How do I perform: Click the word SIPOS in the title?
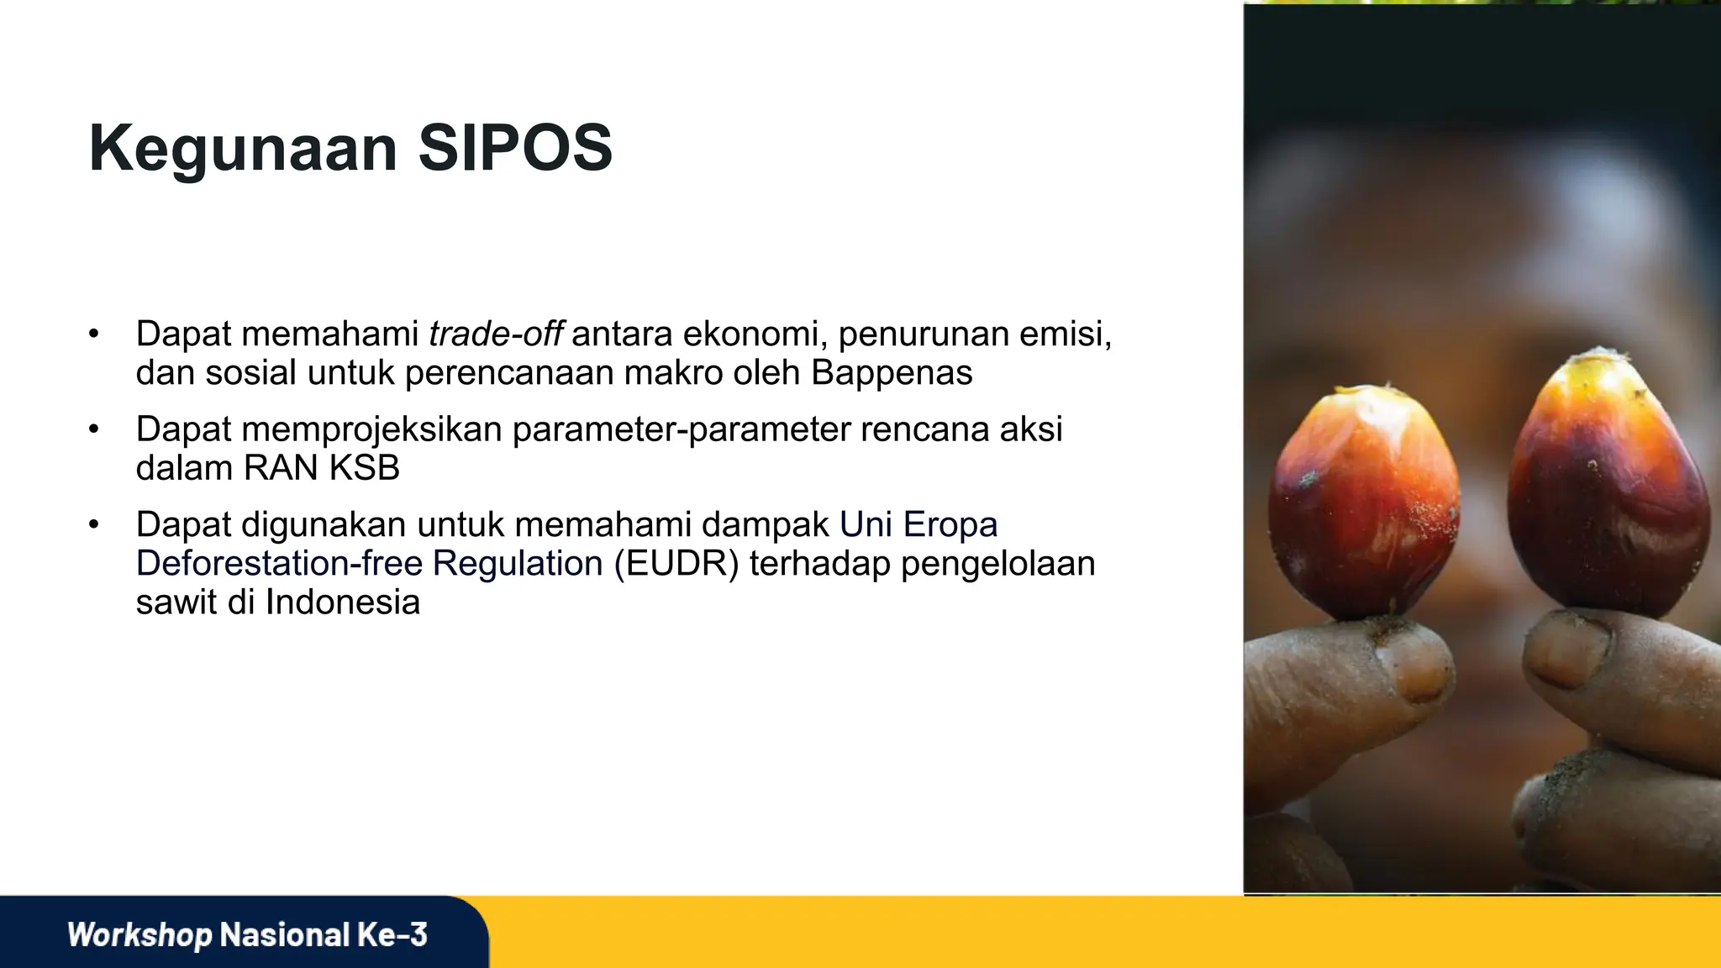point(514,148)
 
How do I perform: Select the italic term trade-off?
point(495,334)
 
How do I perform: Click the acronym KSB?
point(364,468)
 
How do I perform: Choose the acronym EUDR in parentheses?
point(676,563)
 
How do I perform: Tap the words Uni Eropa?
point(918,524)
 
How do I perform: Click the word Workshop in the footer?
point(139,934)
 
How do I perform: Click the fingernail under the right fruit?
point(1567,647)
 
